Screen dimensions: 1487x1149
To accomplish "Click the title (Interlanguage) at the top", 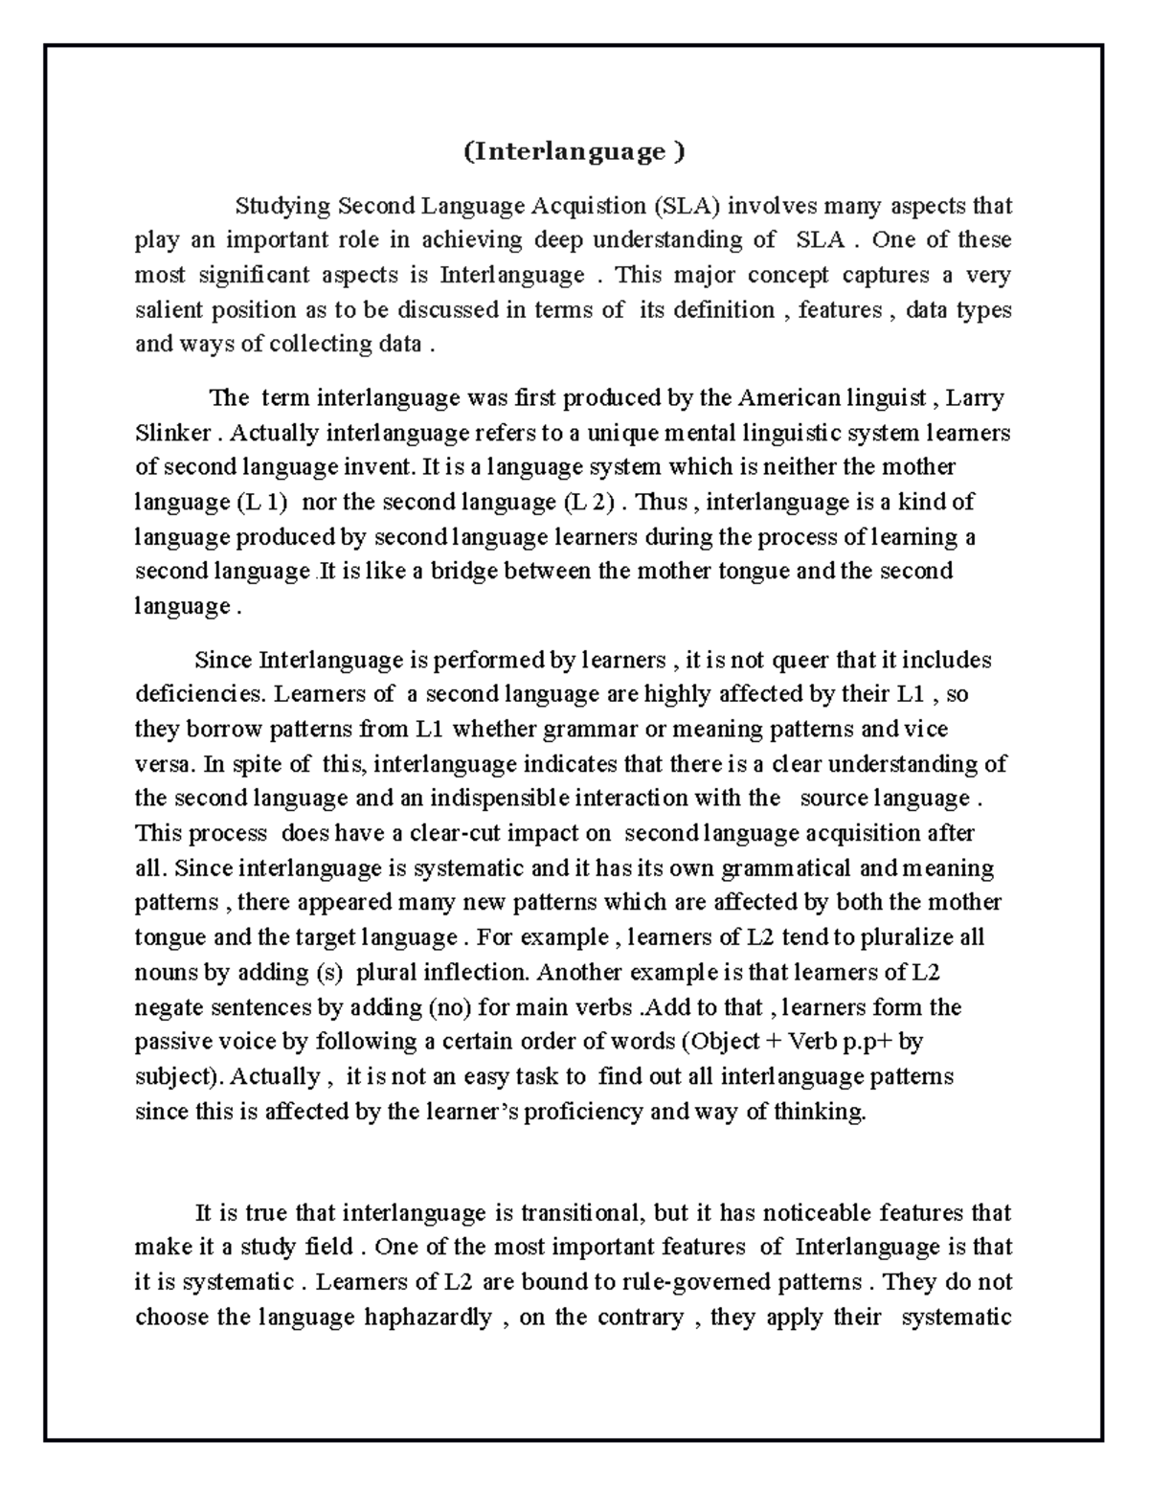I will click(x=574, y=152).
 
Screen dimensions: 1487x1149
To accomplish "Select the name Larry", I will click(x=975, y=398).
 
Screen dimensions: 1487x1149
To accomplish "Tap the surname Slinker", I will click(x=172, y=433).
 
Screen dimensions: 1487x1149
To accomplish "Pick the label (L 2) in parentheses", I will click(x=587, y=502).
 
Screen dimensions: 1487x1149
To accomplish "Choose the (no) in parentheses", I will click(x=445, y=1006).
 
